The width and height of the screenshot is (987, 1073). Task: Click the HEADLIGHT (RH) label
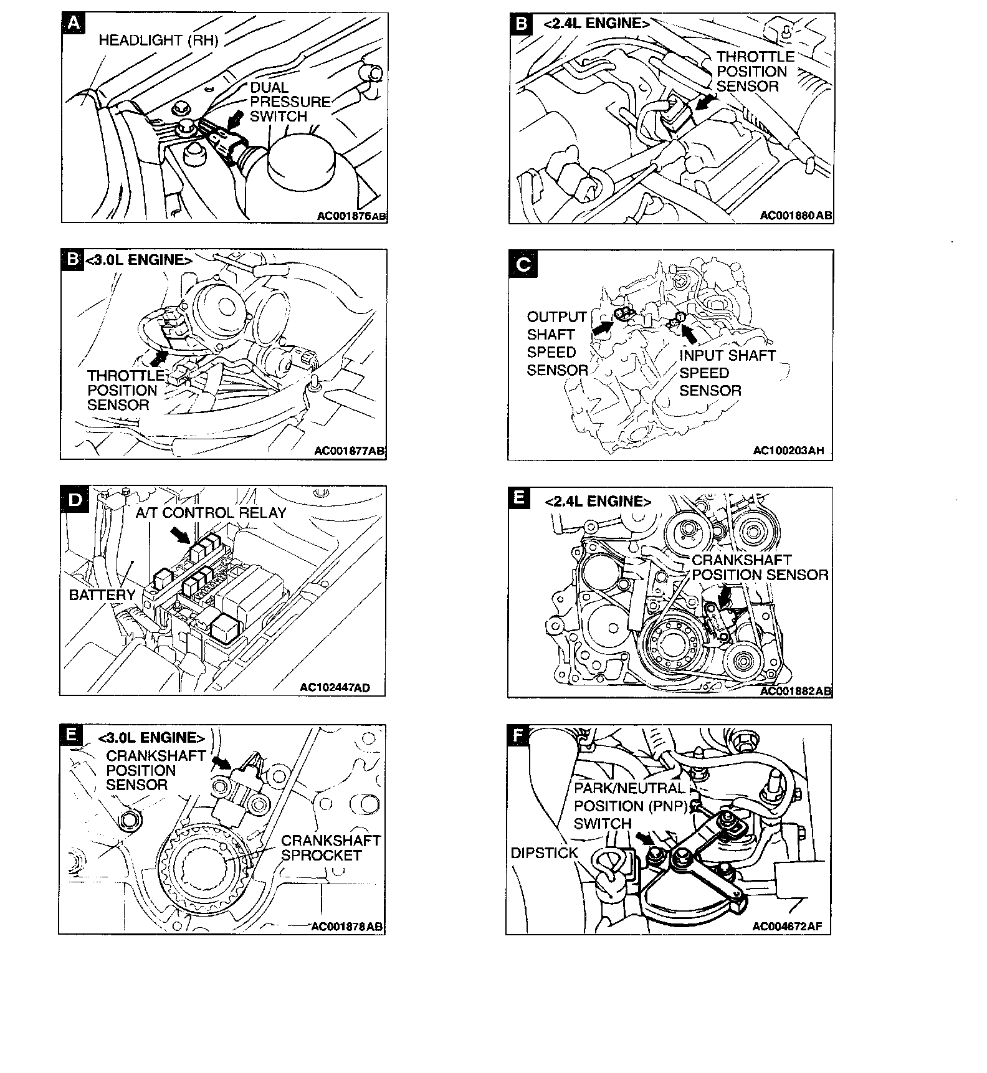click(158, 41)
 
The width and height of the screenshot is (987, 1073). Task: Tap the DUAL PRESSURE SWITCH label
click(289, 102)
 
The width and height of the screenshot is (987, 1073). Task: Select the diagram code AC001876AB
click(351, 216)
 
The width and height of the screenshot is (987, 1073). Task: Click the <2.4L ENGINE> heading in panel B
click(596, 24)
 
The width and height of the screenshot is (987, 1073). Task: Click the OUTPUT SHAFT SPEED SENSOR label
click(556, 343)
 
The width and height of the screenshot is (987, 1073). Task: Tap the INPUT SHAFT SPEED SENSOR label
click(727, 373)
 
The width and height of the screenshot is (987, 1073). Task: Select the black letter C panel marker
click(522, 265)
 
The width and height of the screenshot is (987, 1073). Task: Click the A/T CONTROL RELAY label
click(211, 513)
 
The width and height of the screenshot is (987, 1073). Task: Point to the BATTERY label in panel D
click(102, 595)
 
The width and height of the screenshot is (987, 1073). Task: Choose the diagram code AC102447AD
click(335, 688)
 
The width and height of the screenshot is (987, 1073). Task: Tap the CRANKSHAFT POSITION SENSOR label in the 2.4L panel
click(760, 567)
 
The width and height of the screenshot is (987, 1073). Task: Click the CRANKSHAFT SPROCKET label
click(330, 847)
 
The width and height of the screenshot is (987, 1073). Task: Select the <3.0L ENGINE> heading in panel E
click(151, 738)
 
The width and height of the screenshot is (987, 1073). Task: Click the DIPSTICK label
click(544, 853)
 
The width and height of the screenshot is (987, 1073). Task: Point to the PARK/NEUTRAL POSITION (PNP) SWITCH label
click(630, 806)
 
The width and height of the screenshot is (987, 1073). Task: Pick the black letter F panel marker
click(518, 736)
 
